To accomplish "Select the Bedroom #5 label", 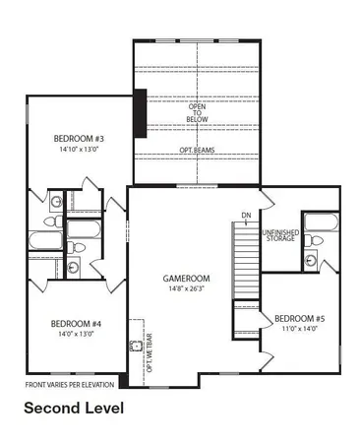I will [300, 319].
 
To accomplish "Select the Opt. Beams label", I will [198, 150].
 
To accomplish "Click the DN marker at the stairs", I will [245, 216].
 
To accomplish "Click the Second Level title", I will [74, 407].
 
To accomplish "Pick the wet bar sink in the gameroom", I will [135, 347].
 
